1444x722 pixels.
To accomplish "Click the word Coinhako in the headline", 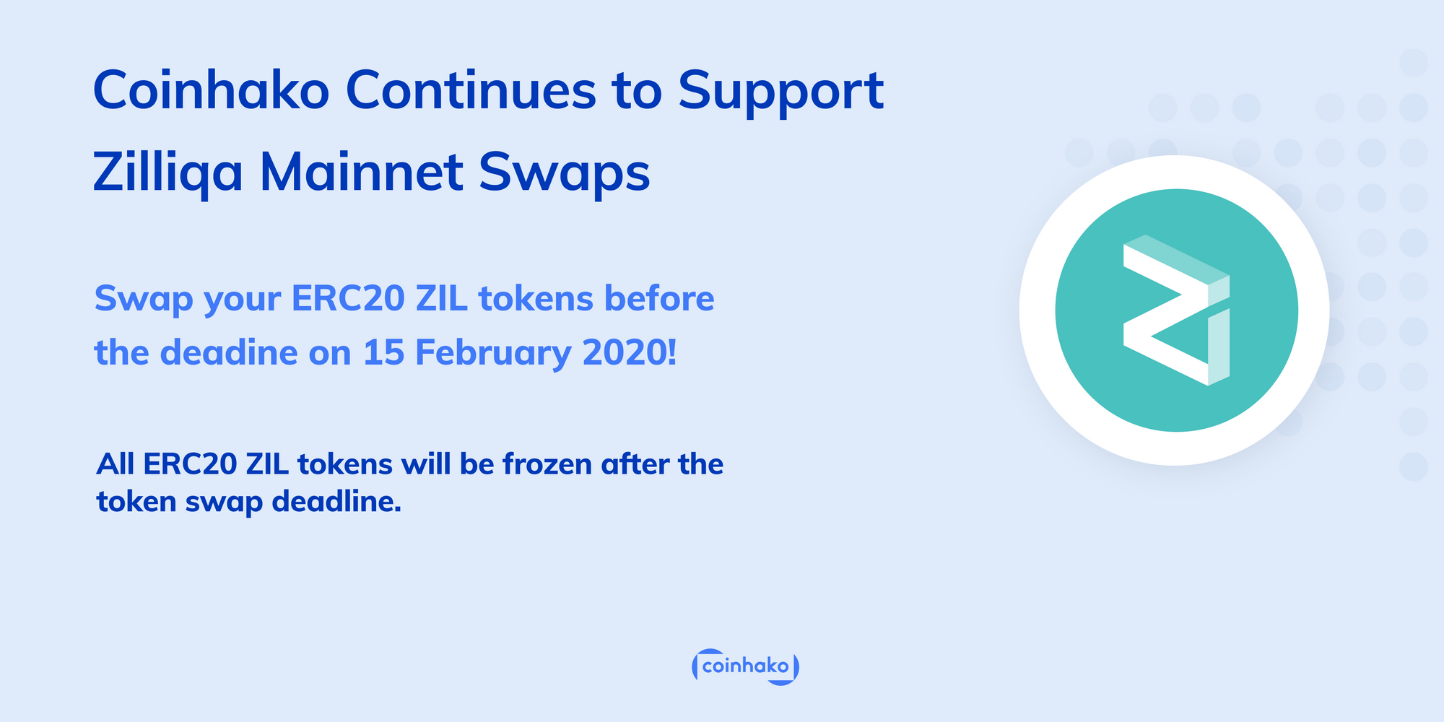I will (211, 90).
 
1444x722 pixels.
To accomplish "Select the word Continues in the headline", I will (471, 90).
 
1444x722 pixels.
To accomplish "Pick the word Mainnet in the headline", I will (361, 173).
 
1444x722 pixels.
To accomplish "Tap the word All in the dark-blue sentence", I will (116, 464).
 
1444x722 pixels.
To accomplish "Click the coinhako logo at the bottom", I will (745, 666).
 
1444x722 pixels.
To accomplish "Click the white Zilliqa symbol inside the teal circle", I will (1175, 310).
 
